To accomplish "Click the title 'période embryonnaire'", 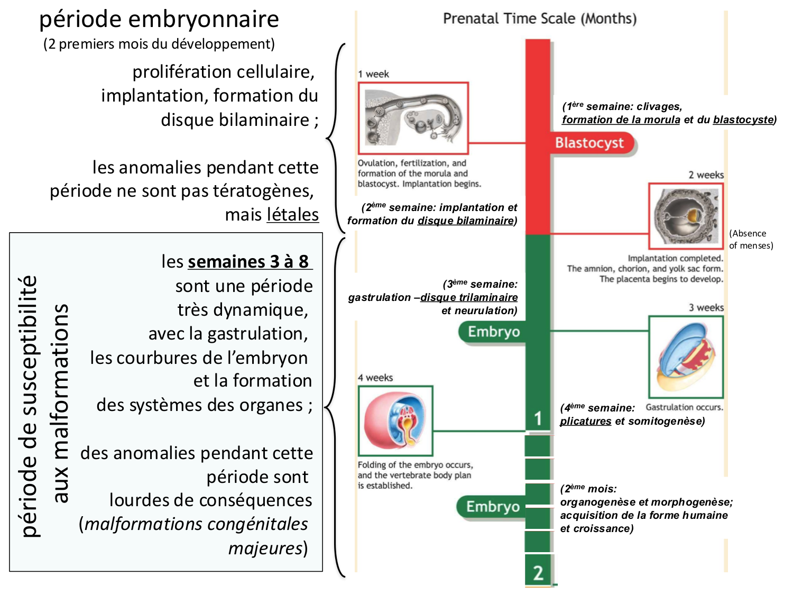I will pyautogui.click(x=159, y=20).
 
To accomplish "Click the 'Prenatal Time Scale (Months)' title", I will pyautogui.click(x=539, y=19).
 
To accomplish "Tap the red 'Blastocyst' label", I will pyautogui.click(x=589, y=143).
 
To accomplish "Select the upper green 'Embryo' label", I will pyautogui.click(x=494, y=332).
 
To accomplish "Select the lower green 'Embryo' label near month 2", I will pyautogui.click(x=493, y=507).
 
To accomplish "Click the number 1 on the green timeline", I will pyautogui.click(x=538, y=418).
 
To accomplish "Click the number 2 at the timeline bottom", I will pyautogui.click(x=538, y=573).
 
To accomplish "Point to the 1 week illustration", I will pyautogui.click(x=413, y=118).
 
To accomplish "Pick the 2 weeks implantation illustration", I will pyautogui.click(x=685, y=216).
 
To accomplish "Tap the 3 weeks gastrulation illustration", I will pyautogui.click(x=685, y=357).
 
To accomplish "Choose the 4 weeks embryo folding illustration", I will pyautogui.click(x=395, y=420).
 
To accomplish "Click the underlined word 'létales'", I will pyautogui.click(x=292, y=215).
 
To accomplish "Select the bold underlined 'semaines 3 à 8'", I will pyautogui.click(x=249, y=262).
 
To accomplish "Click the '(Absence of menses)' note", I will pyautogui.click(x=750, y=239).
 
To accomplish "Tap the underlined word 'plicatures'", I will pyautogui.click(x=585, y=422).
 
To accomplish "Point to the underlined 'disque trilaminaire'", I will pyautogui.click(x=469, y=298).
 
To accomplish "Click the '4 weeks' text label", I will pyautogui.click(x=375, y=378).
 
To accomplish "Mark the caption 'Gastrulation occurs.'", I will pyautogui.click(x=684, y=407).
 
